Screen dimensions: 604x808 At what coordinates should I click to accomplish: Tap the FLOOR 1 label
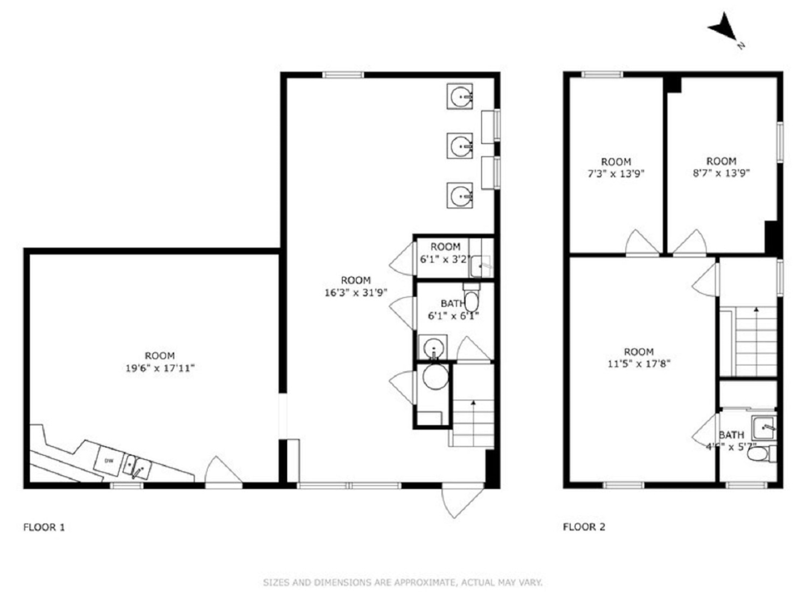(x=44, y=527)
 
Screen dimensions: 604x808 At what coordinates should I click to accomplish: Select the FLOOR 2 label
(x=584, y=527)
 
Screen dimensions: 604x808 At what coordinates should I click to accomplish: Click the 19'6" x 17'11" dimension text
(x=160, y=368)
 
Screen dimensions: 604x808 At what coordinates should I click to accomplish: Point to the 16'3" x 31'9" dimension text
(x=355, y=292)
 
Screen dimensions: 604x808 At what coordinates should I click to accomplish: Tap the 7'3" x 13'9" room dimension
(x=616, y=173)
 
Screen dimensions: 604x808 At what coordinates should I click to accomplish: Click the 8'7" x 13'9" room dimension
(x=721, y=173)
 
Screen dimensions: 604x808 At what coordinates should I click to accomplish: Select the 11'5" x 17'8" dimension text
(x=639, y=364)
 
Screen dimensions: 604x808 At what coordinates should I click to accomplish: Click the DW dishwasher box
(x=109, y=461)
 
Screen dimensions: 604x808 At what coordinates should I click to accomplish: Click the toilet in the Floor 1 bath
(x=472, y=300)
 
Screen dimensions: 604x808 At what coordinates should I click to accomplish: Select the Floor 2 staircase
(x=755, y=341)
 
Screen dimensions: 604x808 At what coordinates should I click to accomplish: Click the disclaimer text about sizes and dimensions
(x=402, y=583)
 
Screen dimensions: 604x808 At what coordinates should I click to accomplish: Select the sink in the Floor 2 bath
(x=763, y=428)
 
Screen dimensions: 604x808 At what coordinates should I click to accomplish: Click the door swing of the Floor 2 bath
(x=706, y=430)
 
